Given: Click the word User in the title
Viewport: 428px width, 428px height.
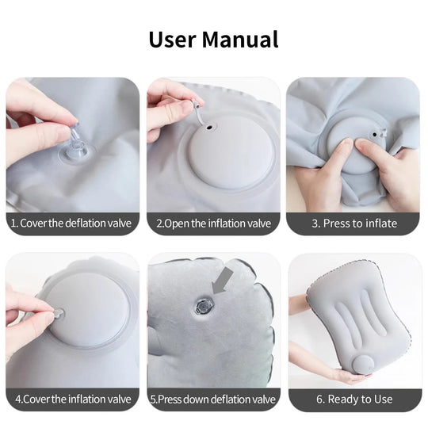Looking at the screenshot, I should [172, 39].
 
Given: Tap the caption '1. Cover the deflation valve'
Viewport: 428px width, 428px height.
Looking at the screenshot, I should [73, 224].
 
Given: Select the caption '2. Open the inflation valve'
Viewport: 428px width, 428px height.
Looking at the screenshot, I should [214, 224].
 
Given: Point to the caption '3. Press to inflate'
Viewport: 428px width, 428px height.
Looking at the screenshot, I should [353, 224].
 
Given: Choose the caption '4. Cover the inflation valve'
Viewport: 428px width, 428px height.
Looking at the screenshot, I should [73, 399].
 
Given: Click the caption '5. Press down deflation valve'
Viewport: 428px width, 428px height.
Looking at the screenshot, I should [214, 399].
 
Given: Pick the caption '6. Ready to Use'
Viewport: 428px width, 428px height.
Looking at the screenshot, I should [353, 399].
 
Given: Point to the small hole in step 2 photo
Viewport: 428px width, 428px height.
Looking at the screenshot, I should [209, 126].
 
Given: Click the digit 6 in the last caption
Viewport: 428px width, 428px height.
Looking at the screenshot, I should [320, 399].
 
